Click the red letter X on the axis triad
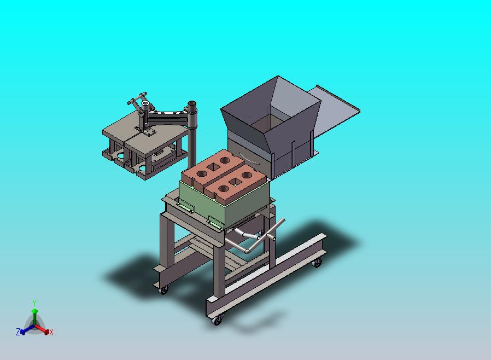[x=51, y=332]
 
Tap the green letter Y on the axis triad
[x=34, y=303]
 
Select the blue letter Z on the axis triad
[x=18, y=332]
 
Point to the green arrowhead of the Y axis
[x=34, y=311]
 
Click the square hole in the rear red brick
[x=214, y=167]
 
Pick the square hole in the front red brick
[x=234, y=182]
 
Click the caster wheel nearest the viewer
[x=217, y=320]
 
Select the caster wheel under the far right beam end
[x=317, y=263]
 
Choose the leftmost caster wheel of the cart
[x=163, y=290]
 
